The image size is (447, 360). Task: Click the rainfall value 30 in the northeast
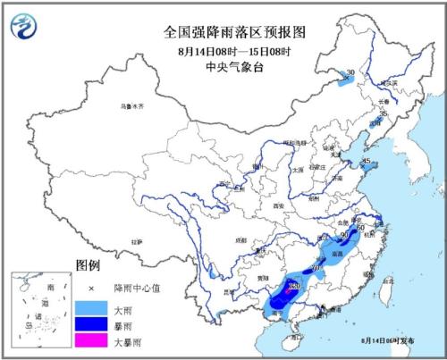[350, 73]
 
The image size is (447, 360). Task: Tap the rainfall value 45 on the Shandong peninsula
[367, 162]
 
